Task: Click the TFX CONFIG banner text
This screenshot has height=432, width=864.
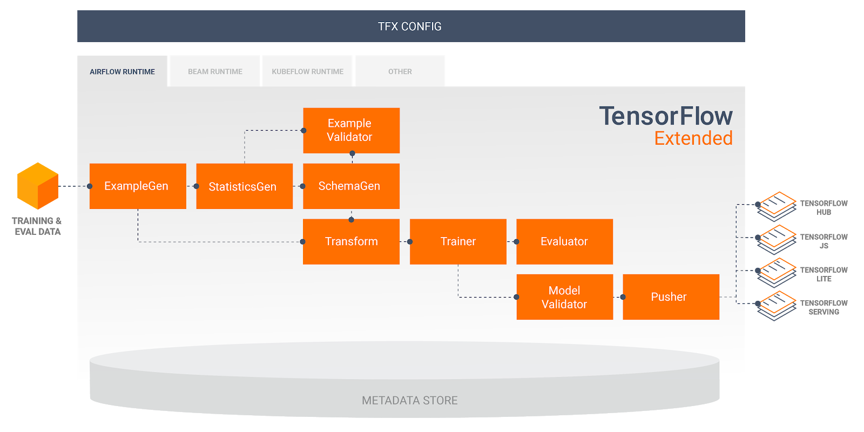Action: [410, 26]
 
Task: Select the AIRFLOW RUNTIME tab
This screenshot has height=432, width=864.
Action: [123, 71]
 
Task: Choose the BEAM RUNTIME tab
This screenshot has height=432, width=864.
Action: [215, 71]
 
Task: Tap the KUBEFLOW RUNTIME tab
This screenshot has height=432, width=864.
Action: [308, 71]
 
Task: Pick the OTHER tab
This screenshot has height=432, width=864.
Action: [400, 71]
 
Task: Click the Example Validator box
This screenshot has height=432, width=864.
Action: [351, 130]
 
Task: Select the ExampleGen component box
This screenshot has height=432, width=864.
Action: [138, 186]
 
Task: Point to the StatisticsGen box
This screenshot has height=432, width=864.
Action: [244, 186]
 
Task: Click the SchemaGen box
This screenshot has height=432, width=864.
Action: [351, 186]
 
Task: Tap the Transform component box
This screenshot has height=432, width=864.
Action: [351, 241]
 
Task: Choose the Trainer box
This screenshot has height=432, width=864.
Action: [458, 241]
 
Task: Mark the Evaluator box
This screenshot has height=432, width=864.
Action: [564, 241]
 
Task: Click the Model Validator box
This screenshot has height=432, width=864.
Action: [564, 297]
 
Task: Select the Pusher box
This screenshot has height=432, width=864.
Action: [671, 297]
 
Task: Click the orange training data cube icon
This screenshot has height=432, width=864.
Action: [38, 186]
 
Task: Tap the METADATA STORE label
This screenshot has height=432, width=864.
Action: [410, 401]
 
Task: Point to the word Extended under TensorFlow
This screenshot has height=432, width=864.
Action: [693, 139]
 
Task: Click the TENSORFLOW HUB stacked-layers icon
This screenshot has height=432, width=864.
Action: [777, 206]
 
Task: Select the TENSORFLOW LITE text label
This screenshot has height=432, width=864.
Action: [823, 274]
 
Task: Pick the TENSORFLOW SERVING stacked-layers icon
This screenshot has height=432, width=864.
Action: [777, 305]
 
